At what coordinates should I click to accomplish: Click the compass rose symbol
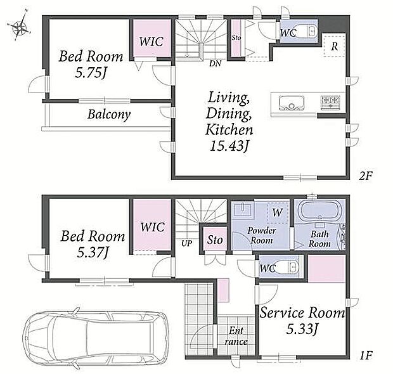(x=19, y=26)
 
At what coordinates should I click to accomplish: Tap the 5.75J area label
(x=91, y=74)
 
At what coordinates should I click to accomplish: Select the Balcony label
(x=109, y=115)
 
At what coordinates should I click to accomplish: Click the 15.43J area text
(x=229, y=146)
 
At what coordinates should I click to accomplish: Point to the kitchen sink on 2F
(x=292, y=103)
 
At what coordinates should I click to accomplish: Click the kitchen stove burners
(x=330, y=102)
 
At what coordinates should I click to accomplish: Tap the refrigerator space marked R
(x=335, y=46)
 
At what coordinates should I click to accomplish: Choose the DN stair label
(x=216, y=63)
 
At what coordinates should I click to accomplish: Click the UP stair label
(x=187, y=243)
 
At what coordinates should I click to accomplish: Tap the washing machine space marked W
(x=278, y=212)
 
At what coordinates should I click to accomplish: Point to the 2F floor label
(x=366, y=176)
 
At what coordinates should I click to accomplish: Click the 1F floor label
(x=366, y=355)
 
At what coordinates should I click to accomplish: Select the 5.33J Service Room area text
(x=302, y=329)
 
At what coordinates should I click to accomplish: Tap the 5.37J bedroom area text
(x=93, y=252)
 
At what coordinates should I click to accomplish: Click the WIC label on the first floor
(x=152, y=227)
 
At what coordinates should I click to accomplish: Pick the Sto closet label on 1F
(x=215, y=240)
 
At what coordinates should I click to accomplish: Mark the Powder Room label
(x=261, y=235)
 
